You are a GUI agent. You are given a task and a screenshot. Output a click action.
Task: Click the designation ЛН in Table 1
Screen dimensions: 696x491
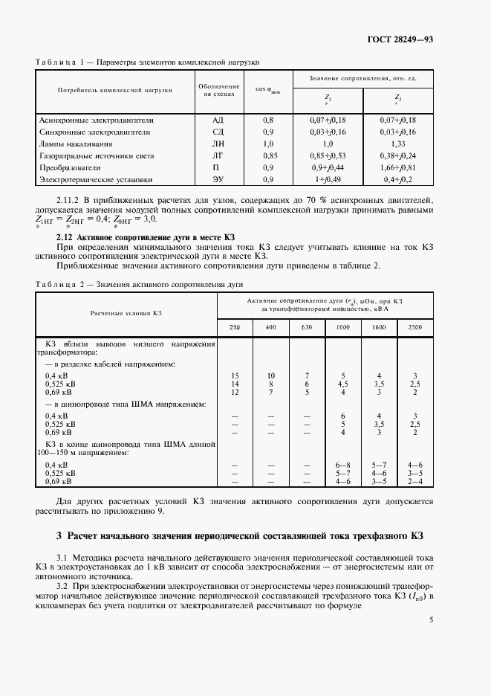click(x=217, y=144)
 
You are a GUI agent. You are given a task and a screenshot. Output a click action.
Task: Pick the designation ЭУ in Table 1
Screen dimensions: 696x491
click(x=217, y=179)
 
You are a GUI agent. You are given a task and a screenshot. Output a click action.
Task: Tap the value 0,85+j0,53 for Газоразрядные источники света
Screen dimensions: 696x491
click(x=328, y=155)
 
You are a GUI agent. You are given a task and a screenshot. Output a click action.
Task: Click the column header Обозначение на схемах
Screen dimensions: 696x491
click(x=218, y=91)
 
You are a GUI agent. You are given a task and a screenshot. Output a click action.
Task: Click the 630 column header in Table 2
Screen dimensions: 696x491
click(x=306, y=327)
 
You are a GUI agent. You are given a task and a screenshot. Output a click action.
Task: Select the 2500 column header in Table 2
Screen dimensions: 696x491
click(x=414, y=327)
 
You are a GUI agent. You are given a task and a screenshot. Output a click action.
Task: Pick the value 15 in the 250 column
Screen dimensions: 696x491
click(x=235, y=376)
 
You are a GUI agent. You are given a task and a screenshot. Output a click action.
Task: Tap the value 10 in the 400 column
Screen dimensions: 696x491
click(x=271, y=376)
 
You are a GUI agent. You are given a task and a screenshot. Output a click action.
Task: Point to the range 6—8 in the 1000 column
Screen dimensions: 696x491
click(x=342, y=464)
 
